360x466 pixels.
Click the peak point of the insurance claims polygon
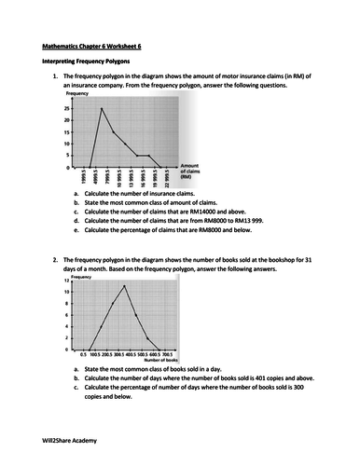(x=101, y=108)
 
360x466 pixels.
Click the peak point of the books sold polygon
(x=124, y=286)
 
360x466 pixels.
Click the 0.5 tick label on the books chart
(x=83, y=354)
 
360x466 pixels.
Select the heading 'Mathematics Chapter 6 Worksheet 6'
(x=87, y=43)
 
